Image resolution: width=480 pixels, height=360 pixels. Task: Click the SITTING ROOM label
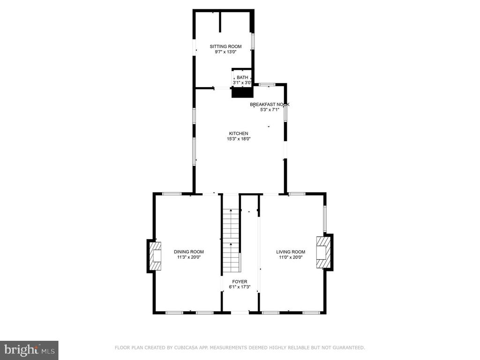tap(225, 46)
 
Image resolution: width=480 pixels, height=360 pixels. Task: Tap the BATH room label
tap(242, 77)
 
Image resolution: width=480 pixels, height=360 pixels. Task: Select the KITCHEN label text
tap(239, 134)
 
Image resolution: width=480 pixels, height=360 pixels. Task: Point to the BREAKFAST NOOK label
tap(270, 105)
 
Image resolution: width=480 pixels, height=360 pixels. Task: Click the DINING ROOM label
tap(189, 252)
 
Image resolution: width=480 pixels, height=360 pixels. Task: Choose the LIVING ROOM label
tap(291, 252)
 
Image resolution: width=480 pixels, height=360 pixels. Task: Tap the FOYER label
tap(240, 282)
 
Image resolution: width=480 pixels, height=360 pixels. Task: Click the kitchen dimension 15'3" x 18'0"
tap(239, 139)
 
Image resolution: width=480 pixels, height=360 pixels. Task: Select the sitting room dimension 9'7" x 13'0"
tap(225, 52)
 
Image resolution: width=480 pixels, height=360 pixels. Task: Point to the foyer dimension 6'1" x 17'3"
tap(240, 287)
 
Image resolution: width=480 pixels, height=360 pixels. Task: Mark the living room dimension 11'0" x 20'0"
tap(291, 257)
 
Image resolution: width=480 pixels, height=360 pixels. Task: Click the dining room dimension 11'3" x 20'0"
tap(189, 257)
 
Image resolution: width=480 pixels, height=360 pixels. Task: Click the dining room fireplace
tap(155, 256)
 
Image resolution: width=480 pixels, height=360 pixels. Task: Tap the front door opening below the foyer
tap(240, 313)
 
